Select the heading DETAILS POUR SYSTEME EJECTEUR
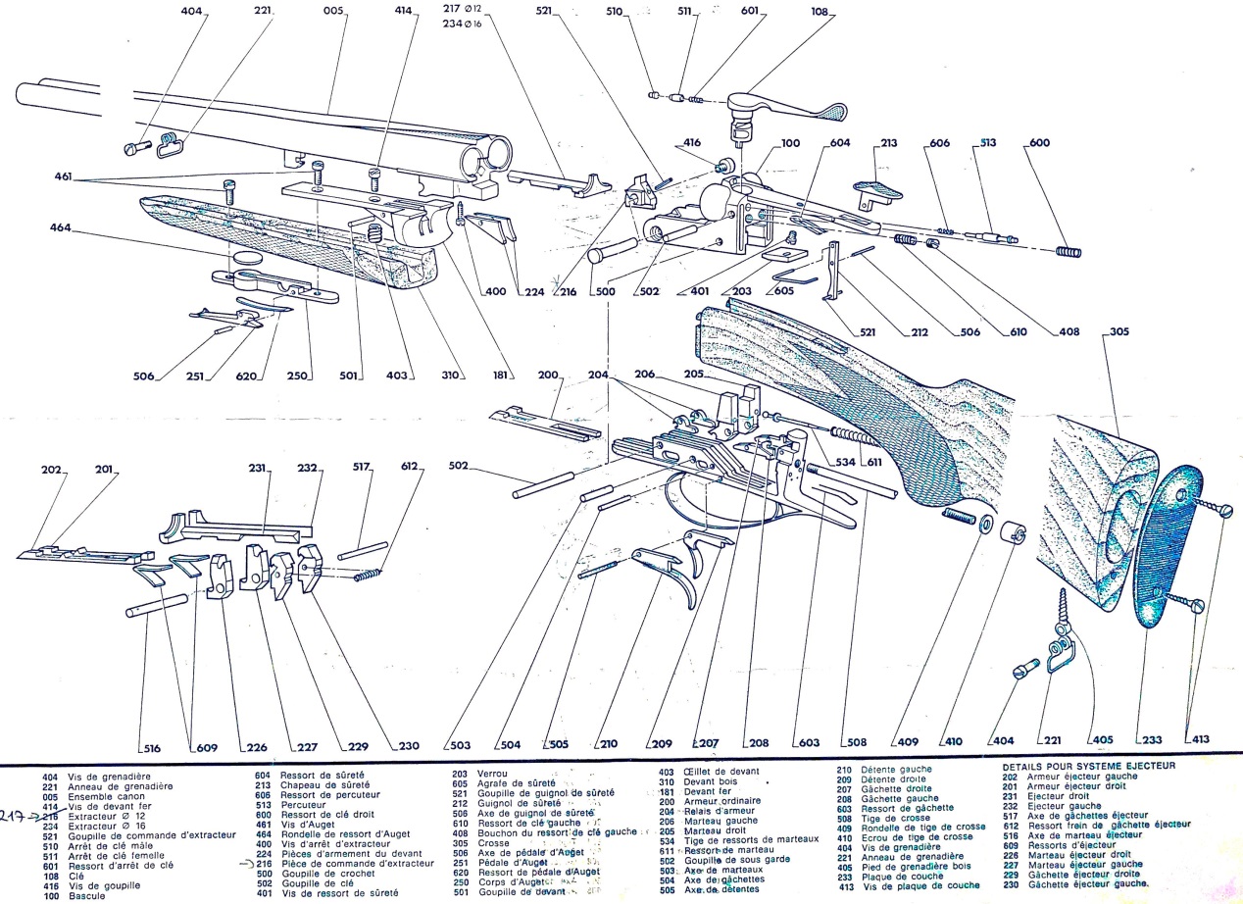click(1087, 766)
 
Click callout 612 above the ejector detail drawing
click(413, 469)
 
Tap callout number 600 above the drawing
click(1039, 143)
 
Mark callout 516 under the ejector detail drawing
click(151, 747)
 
